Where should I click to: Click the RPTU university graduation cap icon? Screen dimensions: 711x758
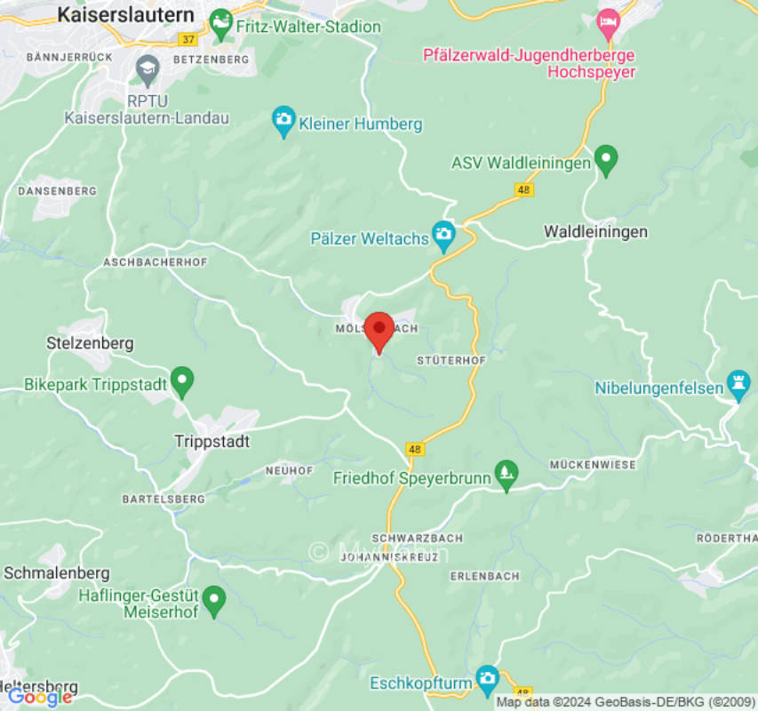[147, 68]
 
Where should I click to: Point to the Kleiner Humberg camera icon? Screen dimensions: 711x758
[283, 123]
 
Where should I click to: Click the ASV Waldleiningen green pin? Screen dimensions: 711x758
[606, 160]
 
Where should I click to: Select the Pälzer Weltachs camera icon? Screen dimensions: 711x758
[443, 236]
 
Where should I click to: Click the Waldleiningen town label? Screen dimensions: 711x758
[595, 232]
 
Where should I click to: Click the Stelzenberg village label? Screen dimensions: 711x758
[90, 343]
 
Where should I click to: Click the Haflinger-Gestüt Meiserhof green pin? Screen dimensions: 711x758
[213, 601]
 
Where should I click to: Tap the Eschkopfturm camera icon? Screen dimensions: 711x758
[487, 680]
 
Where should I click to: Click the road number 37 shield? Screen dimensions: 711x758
[188, 39]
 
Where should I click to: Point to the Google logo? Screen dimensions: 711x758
[39, 697]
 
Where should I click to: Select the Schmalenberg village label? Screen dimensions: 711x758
[57, 573]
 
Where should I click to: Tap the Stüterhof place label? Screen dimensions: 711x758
[451, 361]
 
